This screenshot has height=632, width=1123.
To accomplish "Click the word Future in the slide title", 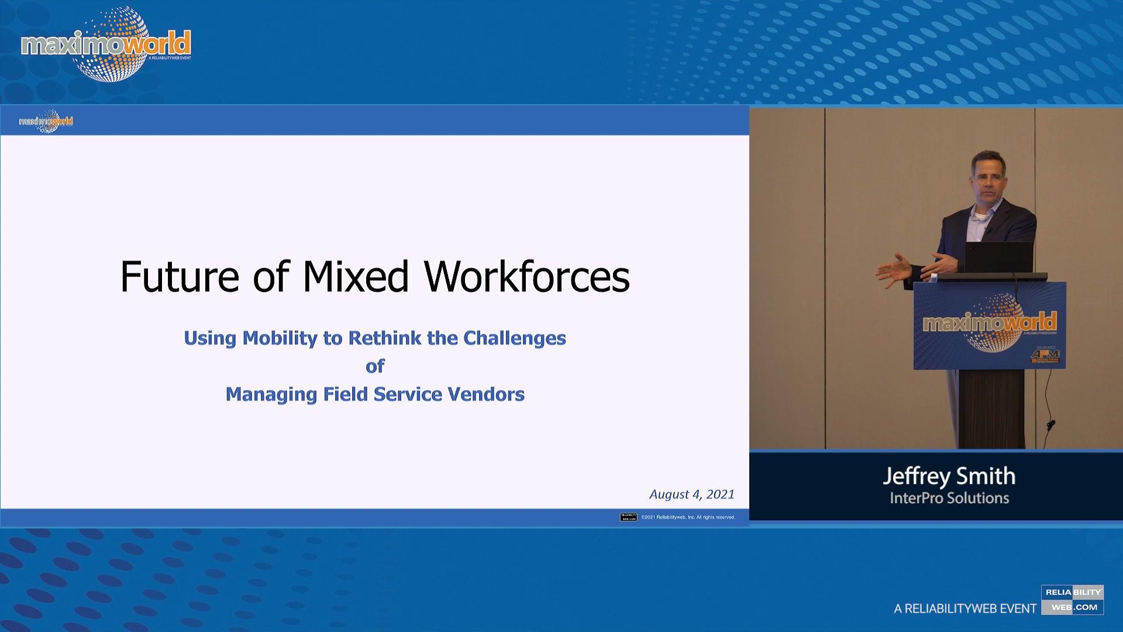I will coord(180,276).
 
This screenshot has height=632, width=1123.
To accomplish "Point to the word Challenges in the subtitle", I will coord(515,338).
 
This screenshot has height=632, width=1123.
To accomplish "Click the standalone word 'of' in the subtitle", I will coord(375,366).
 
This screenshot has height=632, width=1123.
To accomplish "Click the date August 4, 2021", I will coord(691,494).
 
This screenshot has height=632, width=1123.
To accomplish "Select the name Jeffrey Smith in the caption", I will coord(949,476).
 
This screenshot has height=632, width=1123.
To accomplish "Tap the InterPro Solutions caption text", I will coord(949,498).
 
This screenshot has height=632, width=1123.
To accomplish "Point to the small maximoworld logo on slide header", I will coord(46,121).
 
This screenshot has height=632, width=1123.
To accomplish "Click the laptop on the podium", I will coord(999,257).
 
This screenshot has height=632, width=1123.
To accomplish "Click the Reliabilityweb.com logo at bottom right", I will coord(1072,600).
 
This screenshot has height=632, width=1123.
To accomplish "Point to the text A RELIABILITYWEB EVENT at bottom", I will coord(965,609).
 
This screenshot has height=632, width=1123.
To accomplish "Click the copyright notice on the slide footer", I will coord(688,517).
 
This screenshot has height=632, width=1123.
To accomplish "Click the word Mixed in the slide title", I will coord(356,276).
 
